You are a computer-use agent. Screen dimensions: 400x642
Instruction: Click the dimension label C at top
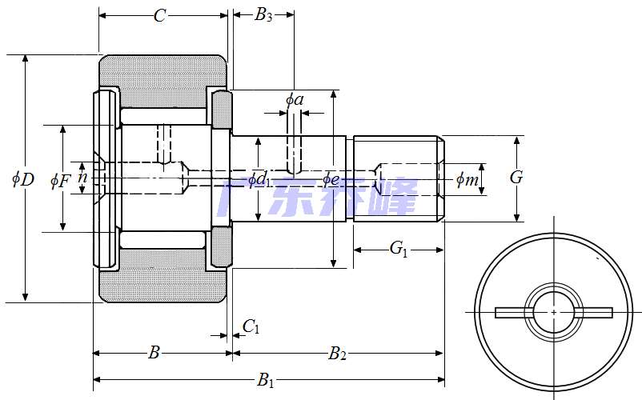159,15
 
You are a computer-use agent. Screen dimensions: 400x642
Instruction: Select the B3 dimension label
263,15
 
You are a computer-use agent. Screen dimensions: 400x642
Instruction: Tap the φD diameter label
23,179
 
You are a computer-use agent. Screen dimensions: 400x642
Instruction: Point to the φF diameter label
60,181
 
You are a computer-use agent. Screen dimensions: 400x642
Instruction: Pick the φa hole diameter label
295,100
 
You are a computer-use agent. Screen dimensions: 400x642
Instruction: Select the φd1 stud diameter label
258,180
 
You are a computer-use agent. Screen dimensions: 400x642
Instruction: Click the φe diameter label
332,178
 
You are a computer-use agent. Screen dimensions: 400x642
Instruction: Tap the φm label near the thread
467,180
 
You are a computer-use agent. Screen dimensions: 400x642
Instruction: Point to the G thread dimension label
516,178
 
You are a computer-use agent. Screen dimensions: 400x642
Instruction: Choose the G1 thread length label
399,249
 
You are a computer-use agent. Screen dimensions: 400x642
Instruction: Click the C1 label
251,326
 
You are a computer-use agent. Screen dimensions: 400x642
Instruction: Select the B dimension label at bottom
155,353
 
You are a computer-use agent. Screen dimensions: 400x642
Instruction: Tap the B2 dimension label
337,353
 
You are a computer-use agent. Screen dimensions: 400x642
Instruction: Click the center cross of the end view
554,311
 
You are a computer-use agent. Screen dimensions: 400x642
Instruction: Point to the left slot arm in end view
511,312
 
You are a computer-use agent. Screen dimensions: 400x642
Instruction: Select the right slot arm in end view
596,312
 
